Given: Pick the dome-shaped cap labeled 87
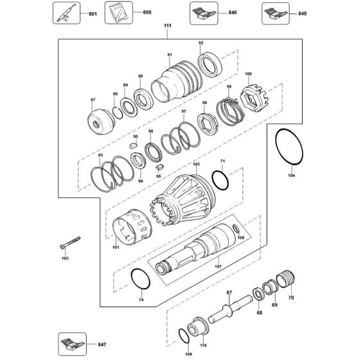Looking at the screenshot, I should pyautogui.click(x=102, y=120).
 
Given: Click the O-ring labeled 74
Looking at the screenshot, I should pyautogui.click(x=139, y=280).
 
